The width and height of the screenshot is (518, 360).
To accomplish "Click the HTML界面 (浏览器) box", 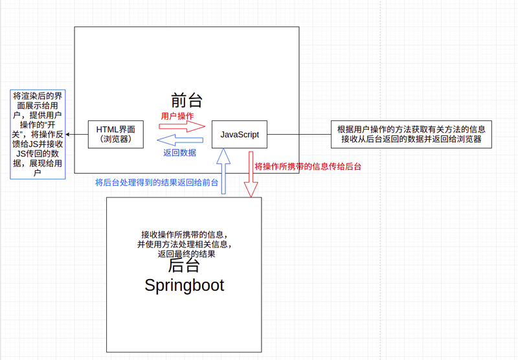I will point(117,134).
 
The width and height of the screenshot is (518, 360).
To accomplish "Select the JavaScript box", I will point(240,135).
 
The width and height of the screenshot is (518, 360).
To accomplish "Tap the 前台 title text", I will point(186,100).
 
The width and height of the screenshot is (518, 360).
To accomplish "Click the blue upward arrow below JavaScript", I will point(223,170).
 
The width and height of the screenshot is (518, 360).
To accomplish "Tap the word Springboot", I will point(184,285).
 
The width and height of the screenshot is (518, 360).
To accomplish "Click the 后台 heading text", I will point(185,266).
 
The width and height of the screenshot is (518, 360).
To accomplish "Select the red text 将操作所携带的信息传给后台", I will point(308,166).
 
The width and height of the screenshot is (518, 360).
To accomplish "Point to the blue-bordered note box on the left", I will point(37,134).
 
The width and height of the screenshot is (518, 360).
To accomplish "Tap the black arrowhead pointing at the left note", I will point(68,135).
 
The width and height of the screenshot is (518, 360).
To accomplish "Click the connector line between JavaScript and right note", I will point(298,135).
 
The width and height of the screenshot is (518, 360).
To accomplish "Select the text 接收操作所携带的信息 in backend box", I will point(184,234).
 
